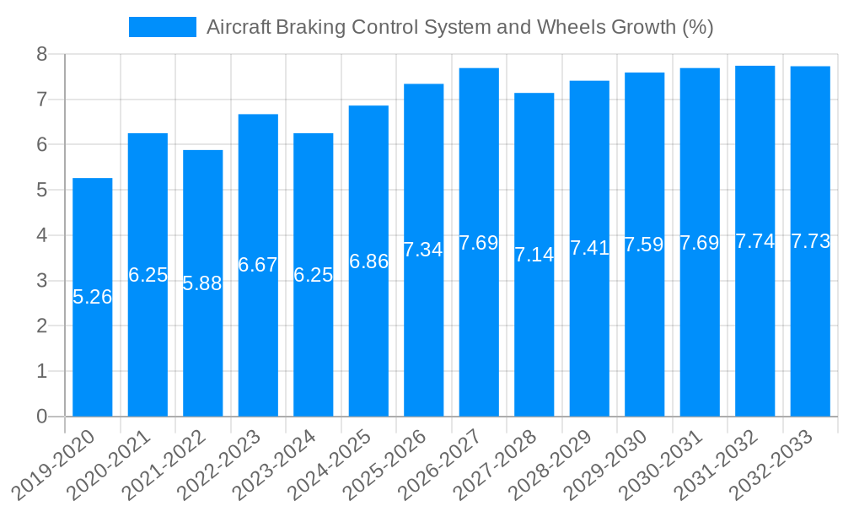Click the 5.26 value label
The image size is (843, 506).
click(92, 297)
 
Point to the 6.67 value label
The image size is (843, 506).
click(258, 265)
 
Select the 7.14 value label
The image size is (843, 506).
click(534, 255)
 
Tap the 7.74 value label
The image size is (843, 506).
click(755, 241)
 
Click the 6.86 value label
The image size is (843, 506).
click(368, 261)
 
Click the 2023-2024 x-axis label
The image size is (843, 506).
click(282, 463)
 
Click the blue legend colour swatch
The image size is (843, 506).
click(162, 27)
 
